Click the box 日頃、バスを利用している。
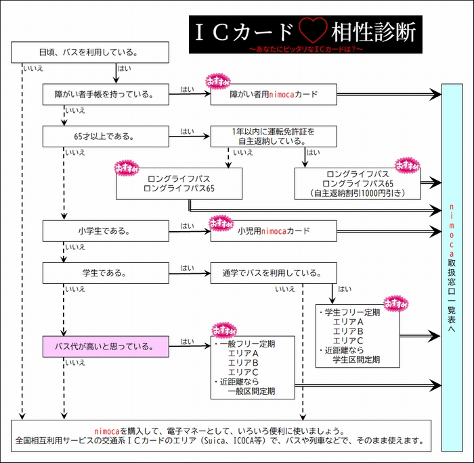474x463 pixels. (x=90, y=52)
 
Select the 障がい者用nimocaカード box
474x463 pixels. (x=274, y=95)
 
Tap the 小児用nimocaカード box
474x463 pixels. (x=274, y=230)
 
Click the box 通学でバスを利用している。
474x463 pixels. (x=274, y=273)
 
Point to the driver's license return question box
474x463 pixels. (x=274, y=136)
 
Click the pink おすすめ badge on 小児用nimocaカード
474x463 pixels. (x=221, y=220)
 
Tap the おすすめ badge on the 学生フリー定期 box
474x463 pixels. (x=395, y=303)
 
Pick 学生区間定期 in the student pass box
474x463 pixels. (x=356, y=359)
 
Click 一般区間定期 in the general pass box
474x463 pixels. (x=251, y=391)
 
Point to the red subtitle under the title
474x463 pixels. (x=305, y=49)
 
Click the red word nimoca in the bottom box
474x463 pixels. (x=106, y=431)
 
